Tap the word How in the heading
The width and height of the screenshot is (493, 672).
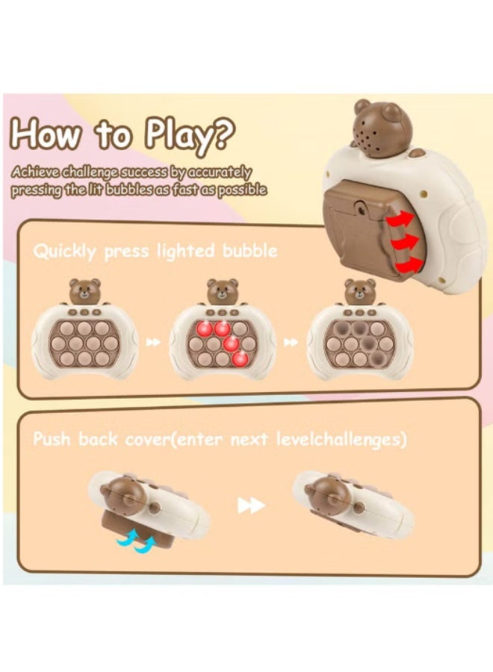point(46,134)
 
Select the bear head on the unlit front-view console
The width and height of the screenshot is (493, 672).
point(84,291)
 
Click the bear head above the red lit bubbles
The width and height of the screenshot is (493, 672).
point(222,291)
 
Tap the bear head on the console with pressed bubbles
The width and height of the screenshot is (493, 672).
point(360,291)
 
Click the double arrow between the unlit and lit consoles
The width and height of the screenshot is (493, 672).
point(153,342)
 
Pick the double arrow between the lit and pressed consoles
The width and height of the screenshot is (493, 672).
point(291,342)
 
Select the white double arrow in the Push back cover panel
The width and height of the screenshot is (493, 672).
point(251,505)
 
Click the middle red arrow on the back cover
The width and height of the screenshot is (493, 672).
point(404,243)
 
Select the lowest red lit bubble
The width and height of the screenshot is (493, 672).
point(240,358)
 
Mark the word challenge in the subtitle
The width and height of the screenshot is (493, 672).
point(89,172)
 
